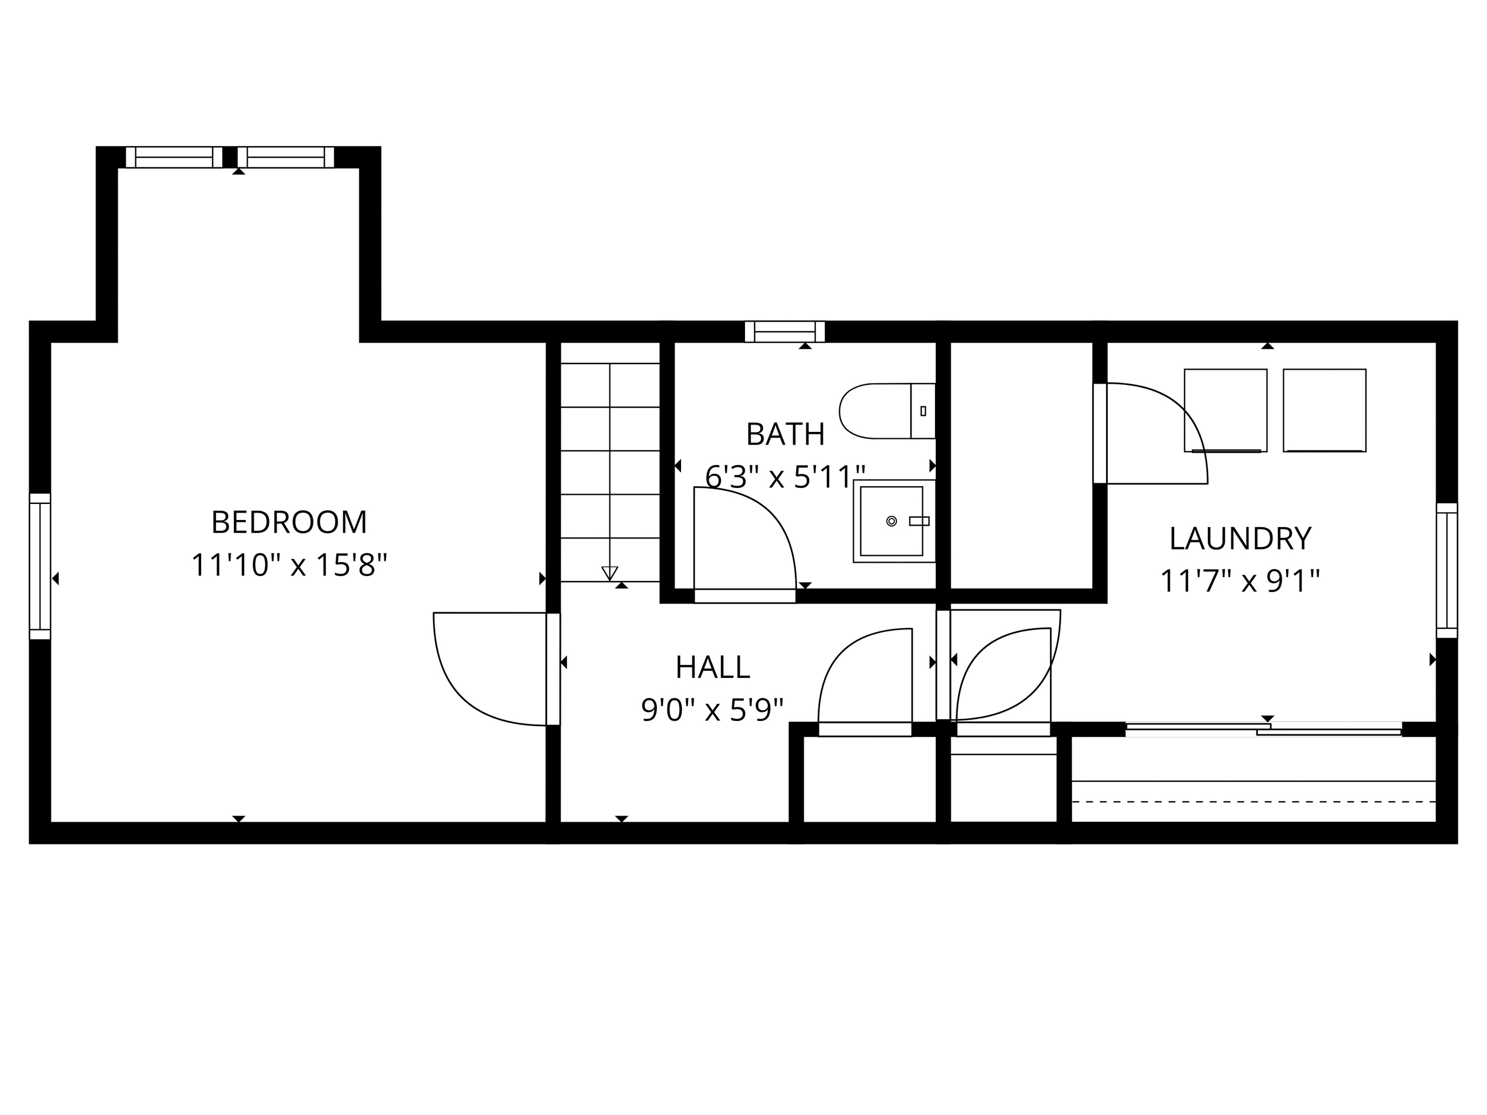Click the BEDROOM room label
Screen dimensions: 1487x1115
(x=289, y=522)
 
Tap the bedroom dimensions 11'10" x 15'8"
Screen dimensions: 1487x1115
(x=289, y=565)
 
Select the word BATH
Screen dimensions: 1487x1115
(x=785, y=434)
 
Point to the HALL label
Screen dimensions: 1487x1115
(x=713, y=668)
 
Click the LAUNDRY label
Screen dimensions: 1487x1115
(x=1240, y=538)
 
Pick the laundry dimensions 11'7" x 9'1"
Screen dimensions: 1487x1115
(x=1240, y=581)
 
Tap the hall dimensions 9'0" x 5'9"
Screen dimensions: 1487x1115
(x=713, y=710)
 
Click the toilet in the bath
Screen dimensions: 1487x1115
(x=887, y=411)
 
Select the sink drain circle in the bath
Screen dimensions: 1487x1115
(x=891, y=521)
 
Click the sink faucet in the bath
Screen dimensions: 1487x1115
(x=919, y=521)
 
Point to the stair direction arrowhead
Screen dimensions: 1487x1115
(x=610, y=573)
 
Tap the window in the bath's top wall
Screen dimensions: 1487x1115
(x=785, y=331)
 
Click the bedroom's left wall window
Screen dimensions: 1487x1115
(x=40, y=567)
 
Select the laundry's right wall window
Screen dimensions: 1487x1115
(x=1447, y=571)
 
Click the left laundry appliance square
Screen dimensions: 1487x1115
(x=1225, y=411)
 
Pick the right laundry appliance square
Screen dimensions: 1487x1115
(x=1325, y=411)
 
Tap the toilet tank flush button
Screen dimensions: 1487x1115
(x=923, y=411)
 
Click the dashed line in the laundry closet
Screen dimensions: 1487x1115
(x=1253, y=802)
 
